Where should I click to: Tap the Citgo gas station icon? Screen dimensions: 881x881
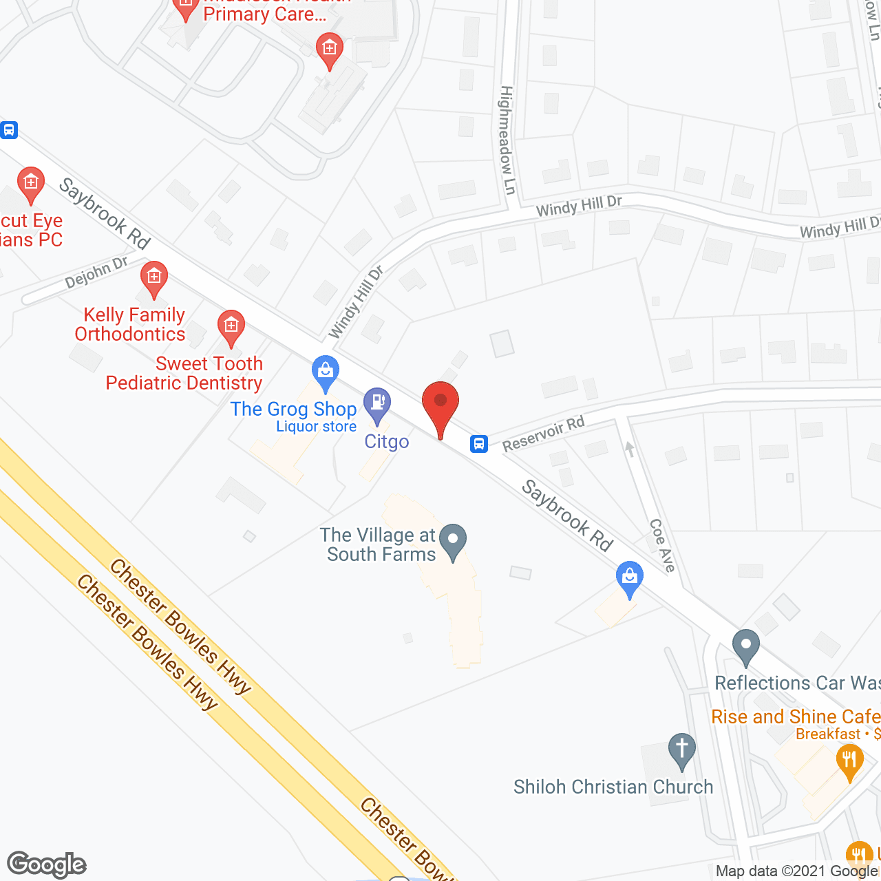point(377,404)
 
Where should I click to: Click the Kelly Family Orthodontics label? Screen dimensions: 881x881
point(131,324)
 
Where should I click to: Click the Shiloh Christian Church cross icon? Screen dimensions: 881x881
point(682,750)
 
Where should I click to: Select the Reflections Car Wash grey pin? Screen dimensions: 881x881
point(746,646)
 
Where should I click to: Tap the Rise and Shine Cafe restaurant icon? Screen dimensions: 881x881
point(850,760)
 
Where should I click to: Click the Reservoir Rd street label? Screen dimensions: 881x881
point(543,434)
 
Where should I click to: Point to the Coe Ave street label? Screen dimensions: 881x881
point(663,545)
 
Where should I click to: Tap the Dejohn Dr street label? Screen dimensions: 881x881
point(96,273)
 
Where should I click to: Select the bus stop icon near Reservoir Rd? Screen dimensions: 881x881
point(479,444)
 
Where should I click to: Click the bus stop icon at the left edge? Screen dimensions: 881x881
point(8,129)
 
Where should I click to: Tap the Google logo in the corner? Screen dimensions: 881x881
point(47,864)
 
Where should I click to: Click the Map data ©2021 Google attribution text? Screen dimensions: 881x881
point(796,871)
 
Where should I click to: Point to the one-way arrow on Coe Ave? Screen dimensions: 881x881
point(630,449)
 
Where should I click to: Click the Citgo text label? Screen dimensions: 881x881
point(387,441)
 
